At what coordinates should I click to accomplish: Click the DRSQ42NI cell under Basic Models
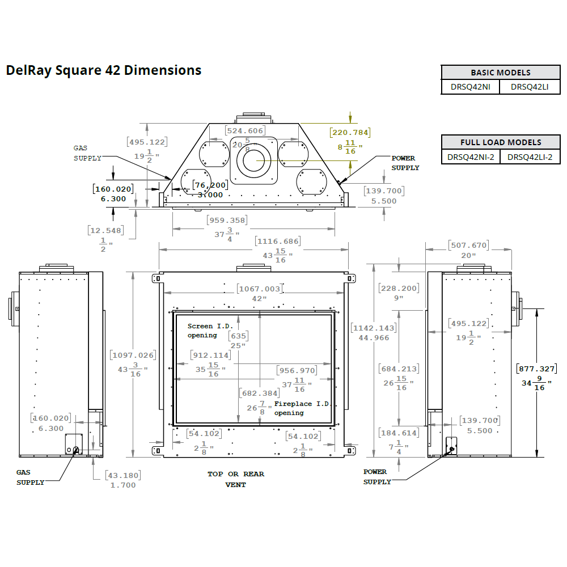coord(470,87)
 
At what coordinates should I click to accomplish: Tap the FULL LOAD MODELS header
coord(501,142)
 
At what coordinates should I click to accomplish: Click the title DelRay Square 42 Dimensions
coord(104,70)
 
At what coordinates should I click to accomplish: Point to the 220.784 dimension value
coord(350,133)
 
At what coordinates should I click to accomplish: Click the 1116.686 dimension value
coord(278,242)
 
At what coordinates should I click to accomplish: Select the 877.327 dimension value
coord(536,369)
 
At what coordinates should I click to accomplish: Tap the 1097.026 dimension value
coord(133,355)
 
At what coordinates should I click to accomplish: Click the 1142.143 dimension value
coord(374,328)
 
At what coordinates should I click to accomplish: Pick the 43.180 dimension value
coord(122,475)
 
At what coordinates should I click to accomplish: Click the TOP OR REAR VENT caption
coord(236,479)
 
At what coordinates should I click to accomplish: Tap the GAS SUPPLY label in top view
coord(87,153)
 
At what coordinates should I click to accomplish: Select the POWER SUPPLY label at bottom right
coord(377,476)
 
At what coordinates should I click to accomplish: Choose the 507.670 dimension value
coord(468,246)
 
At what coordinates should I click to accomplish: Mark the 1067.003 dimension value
coord(259,289)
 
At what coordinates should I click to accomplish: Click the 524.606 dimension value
coord(246,130)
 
